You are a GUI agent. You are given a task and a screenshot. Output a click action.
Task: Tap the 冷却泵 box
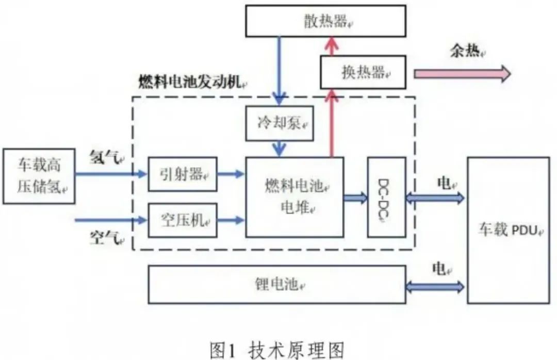[280, 123]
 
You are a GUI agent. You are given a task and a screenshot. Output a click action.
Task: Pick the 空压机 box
[183, 220]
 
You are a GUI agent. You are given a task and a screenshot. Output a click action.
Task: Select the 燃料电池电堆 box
[294, 197]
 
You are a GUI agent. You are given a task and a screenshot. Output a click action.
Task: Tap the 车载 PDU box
[508, 230]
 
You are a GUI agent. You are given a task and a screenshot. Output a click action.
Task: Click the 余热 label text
[467, 52]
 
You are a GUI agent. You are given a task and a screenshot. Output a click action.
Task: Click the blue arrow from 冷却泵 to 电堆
[280, 149]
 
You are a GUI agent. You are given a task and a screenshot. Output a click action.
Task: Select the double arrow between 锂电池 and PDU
[436, 286]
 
